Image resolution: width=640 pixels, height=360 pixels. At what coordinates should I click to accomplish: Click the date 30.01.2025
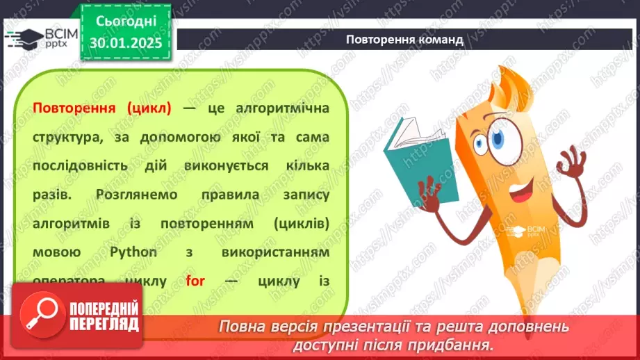coord(125,42)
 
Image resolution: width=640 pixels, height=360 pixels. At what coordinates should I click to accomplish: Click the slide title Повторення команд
coord(404,40)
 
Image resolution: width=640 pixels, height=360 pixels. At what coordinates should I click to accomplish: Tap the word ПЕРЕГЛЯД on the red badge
coord(103,324)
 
